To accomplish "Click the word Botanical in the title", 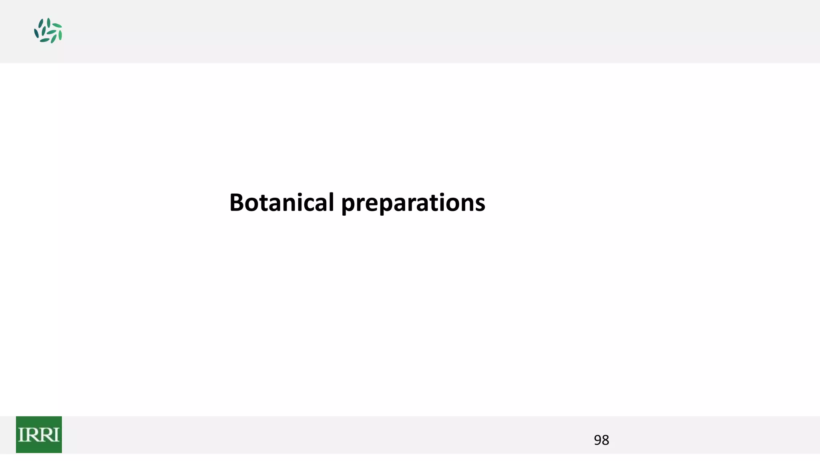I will click(281, 202).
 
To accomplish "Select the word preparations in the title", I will click(413, 203).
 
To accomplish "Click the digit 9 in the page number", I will click(597, 440).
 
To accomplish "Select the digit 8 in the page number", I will click(605, 440).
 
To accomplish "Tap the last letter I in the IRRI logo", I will click(56, 435).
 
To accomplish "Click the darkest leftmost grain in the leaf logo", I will click(36, 34).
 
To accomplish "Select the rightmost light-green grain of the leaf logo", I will click(60, 35).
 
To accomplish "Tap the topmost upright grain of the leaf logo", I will click(48, 22).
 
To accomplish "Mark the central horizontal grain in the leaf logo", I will click(51, 32).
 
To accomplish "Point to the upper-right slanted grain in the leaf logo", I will click(57, 26).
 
